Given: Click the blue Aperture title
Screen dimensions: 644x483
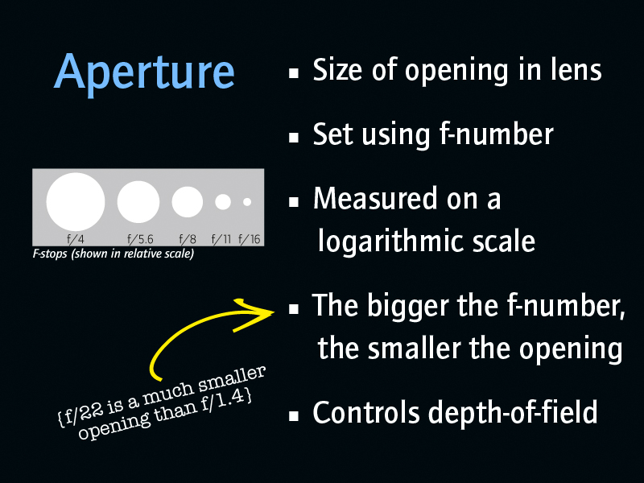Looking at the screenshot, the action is [144, 72].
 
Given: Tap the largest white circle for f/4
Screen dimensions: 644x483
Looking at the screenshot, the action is [76, 202].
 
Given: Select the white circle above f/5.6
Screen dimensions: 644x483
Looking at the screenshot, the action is [138, 202].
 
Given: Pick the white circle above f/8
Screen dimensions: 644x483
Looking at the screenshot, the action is [188, 202].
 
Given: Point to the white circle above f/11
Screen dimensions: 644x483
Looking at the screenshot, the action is [223, 202].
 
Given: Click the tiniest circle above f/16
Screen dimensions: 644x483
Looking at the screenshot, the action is [247, 202].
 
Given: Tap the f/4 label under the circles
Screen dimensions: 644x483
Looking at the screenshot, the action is [76, 238].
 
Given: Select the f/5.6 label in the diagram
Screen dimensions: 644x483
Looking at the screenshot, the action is [140, 238].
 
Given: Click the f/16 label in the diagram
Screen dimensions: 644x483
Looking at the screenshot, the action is [250, 238].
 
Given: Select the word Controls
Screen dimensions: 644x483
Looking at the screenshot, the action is [366, 412].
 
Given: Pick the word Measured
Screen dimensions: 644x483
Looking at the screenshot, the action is [374, 199].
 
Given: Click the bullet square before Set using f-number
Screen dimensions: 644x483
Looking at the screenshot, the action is [294, 137].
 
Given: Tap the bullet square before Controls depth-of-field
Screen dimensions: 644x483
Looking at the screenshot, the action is [294, 416].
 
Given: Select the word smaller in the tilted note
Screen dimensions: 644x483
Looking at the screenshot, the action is [232, 379].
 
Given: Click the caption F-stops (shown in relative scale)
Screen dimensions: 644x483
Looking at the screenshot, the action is [114, 254].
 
